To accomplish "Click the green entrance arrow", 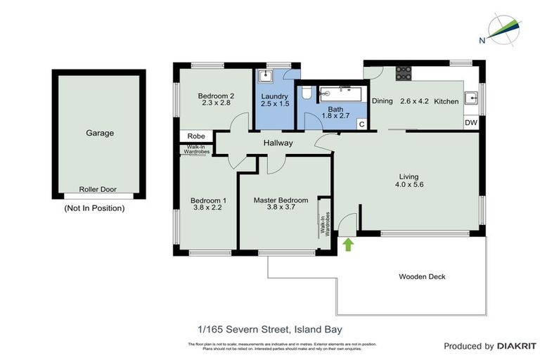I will coord(347,244).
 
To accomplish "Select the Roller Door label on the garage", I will coord(99,189).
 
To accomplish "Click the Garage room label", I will coord(100,132).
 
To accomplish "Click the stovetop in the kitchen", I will coord(404,72).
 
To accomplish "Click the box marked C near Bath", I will coord(361,124).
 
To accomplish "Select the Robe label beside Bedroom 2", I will coord(196,136).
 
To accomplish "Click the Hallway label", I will coord(278,143).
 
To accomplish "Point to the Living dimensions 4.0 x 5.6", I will coord(409,185).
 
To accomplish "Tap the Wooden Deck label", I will coord(422,276).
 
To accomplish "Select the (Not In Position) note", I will coord(94,208).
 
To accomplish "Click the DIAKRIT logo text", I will coord(517,346).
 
